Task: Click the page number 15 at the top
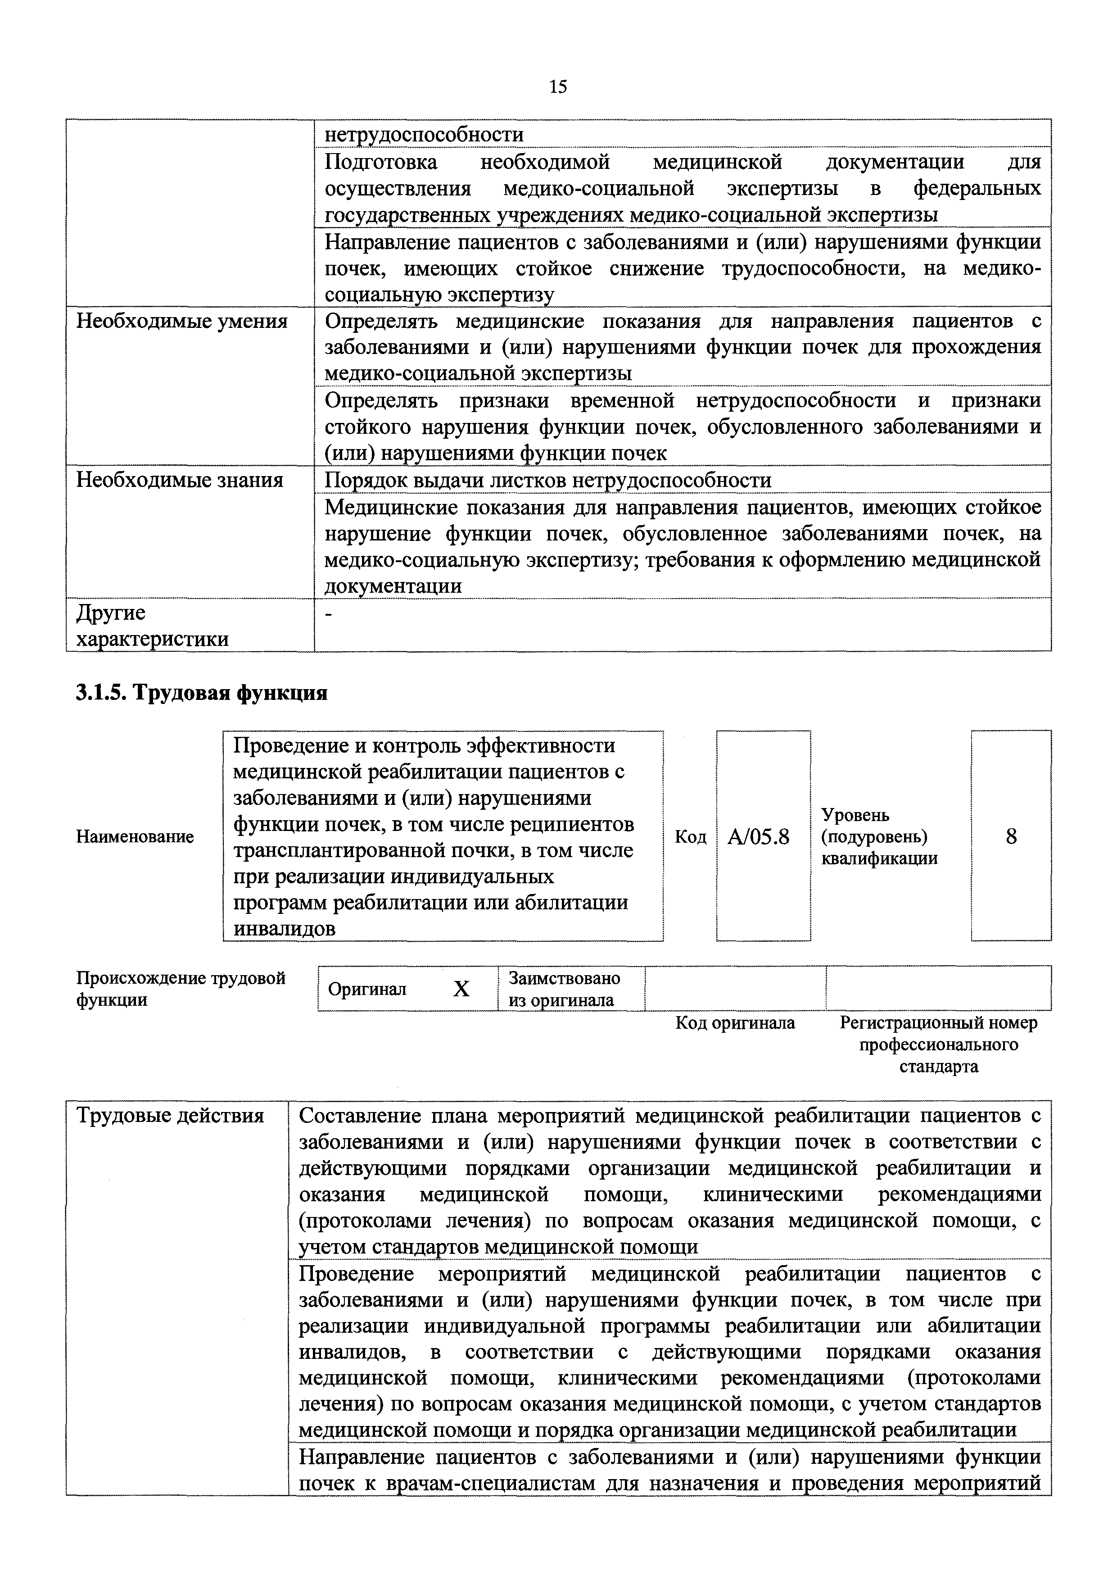[x=558, y=87]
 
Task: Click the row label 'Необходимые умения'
[x=181, y=322]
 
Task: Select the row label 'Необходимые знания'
[x=180, y=480]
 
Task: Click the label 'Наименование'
[x=135, y=837]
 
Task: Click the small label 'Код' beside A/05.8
[x=690, y=837]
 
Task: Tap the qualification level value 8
[x=1011, y=837]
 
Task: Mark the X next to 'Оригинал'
[x=461, y=990]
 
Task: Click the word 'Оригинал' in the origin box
[x=367, y=990]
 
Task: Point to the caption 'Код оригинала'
[x=735, y=1023]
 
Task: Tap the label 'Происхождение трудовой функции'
[x=180, y=989]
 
